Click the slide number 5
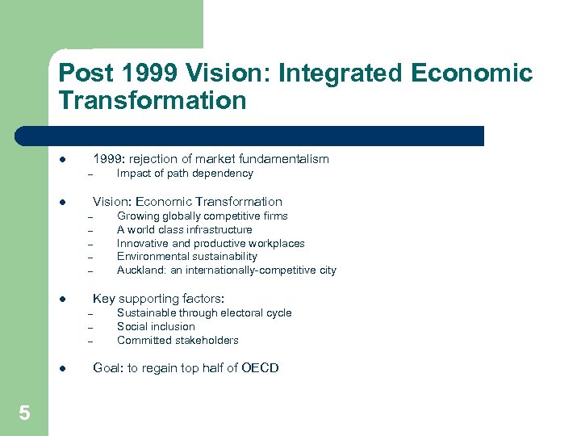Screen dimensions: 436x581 (x=24, y=413)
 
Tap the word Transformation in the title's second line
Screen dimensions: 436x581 (x=153, y=101)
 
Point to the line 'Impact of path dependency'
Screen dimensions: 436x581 (x=185, y=174)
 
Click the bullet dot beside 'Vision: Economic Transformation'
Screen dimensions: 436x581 (x=63, y=202)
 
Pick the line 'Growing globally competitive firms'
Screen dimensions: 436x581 (x=202, y=216)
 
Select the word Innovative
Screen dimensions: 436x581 (x=142, y=243)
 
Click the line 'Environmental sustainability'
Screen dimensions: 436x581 (x=186, y=257)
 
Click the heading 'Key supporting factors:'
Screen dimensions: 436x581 (x=158, y=300)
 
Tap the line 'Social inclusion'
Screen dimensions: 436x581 (x=156, y=327)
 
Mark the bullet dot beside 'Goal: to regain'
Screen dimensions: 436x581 (x=63, y=368)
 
